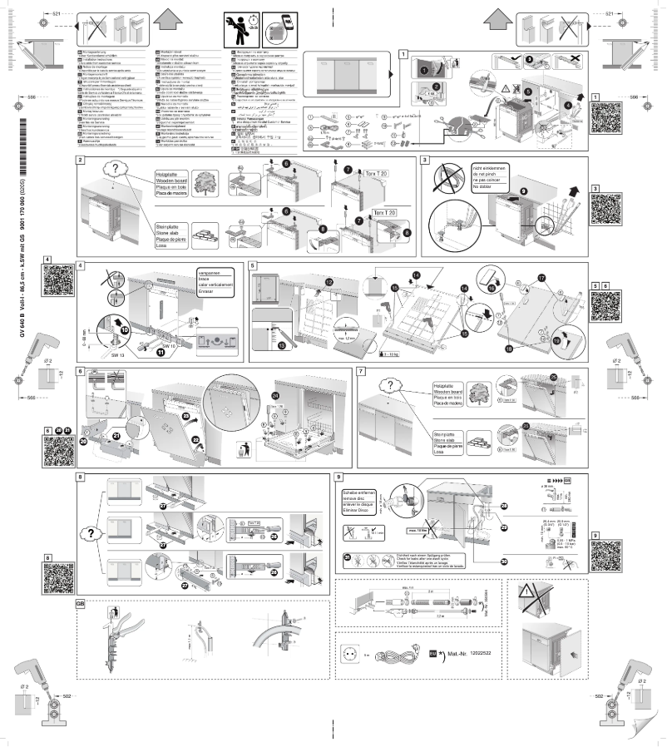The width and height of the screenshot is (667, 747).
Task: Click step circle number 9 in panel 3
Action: click(500, 191)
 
